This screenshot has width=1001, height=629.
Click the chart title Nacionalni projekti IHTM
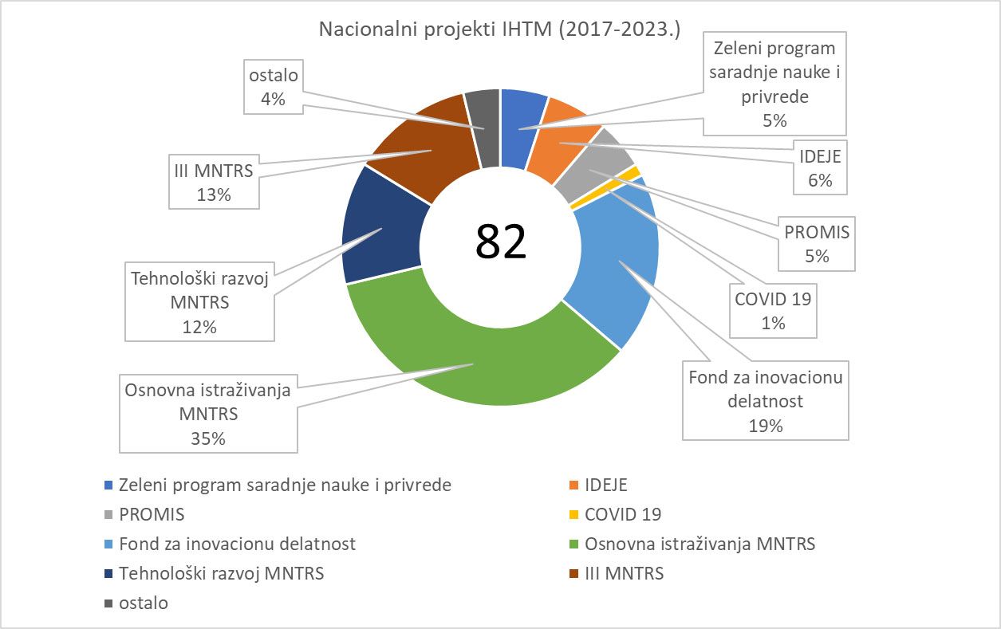[499, 29]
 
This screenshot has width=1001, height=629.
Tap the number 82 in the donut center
[501, 242]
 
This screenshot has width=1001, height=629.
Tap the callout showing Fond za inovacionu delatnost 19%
[766, 400]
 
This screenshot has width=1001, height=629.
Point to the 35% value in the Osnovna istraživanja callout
[208, 438]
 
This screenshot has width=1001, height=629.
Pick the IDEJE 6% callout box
[819, 168]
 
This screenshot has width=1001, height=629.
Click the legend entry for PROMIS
[152, 514]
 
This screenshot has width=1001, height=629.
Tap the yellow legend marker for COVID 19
[574, 514]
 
